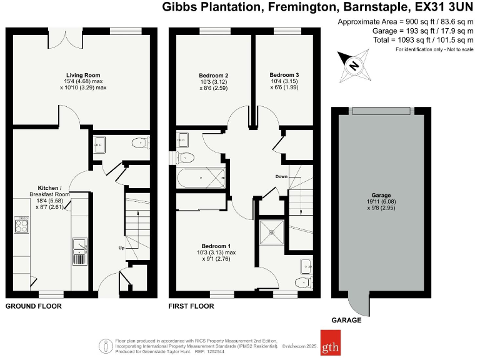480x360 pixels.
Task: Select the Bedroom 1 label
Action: point(216,245)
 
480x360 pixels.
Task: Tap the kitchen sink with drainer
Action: point(79,250)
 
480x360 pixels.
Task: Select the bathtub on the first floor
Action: point(201,177)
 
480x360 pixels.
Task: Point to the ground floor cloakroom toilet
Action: point(139,144)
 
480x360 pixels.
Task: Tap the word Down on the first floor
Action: point(281,177)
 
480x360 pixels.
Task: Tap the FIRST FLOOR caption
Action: point(191,307)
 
